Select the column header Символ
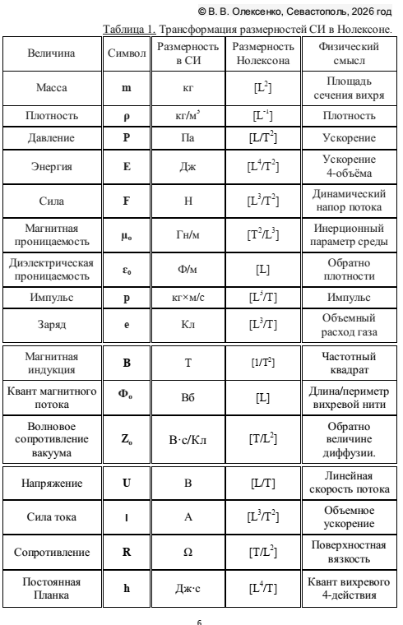(x=126, y=53)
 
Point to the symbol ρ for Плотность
(x=126, y=118)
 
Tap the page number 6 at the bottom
(x=201, y=619)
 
